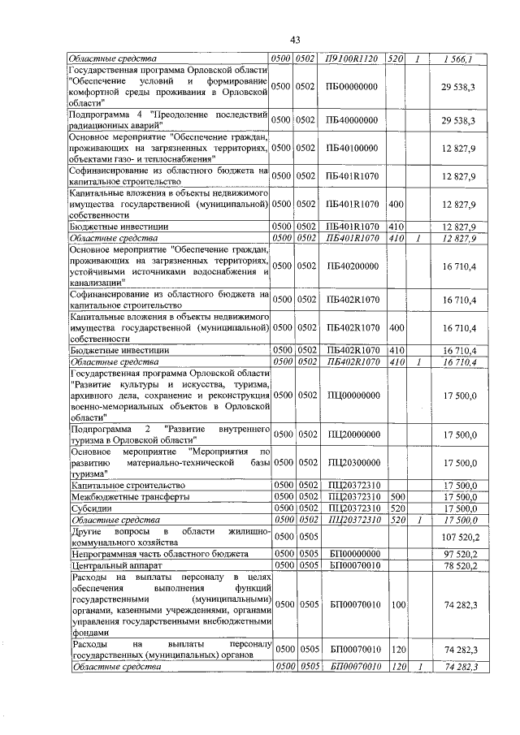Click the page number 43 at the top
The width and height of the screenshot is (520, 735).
(x=295, y=41)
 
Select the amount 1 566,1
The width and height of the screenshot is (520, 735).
(x=458, y=58)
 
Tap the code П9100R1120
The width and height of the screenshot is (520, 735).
(x=352, y=58)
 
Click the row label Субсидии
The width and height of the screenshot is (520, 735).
(x=90, y=508)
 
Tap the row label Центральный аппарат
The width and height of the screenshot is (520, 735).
(x=110, y=564)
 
